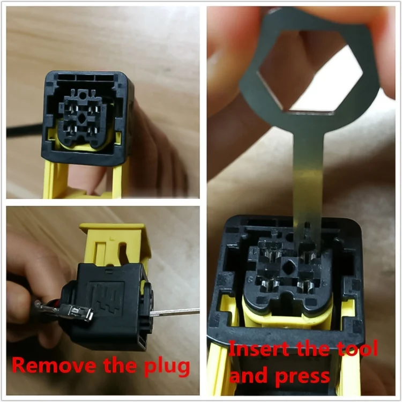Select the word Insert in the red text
click(x=258, y=350)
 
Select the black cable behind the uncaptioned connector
click(x=24, y=129)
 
